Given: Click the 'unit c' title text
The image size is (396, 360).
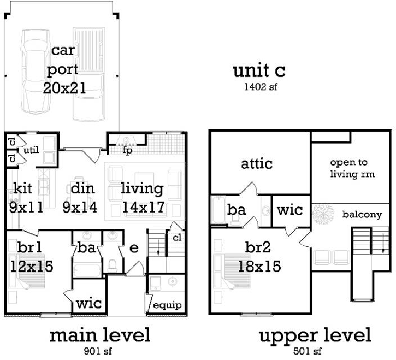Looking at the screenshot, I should coord(259,70).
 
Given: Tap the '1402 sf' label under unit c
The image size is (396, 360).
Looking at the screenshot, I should coord(259,87).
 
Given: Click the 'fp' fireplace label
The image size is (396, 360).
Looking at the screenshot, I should coord(128,149).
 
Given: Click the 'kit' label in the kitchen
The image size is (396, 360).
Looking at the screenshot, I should coord(22,189).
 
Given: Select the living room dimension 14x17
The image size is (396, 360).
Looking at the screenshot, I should coord(142,208).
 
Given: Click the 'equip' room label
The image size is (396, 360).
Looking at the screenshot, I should coord(167,305).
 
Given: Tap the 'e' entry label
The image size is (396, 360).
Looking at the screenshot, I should coord(134,249).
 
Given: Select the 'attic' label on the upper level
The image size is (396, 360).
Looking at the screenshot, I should coord(257,163).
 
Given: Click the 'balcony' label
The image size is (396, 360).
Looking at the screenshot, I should coord(362,215).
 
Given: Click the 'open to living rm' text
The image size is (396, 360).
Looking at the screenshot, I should coord(348,169).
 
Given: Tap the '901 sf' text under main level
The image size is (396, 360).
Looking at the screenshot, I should coord(99,350).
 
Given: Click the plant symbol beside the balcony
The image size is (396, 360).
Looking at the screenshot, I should coord(321,212).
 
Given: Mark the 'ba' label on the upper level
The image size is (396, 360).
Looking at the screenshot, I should coord(237,210).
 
